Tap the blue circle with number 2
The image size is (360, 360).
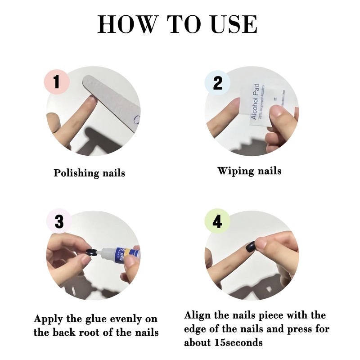point(217,83)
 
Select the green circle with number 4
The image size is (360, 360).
point(217,222)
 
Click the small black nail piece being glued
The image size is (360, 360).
point(91,252)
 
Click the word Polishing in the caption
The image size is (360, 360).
point(74,173)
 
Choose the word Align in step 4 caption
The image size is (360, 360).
point(198,315)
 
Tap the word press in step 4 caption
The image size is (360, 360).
point(288,329)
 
